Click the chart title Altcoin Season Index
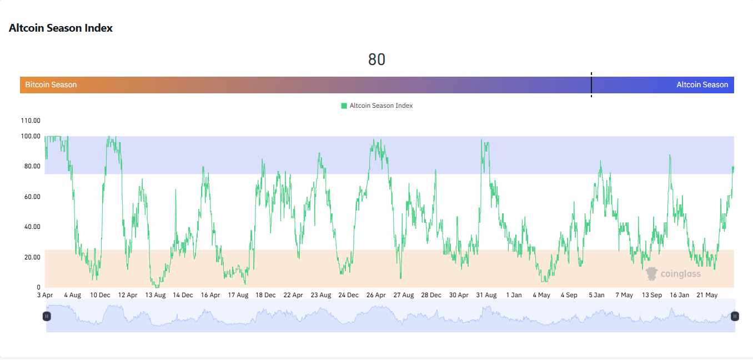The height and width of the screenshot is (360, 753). [x=61, y=28]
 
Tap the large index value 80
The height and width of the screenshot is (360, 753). [x=376, y=59]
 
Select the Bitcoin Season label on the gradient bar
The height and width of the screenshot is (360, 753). [x=51, y=85]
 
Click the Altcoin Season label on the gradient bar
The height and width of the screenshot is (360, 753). [x=702, y=85]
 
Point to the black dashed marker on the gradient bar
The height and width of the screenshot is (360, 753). [x=591, y=85]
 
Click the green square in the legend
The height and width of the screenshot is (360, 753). [x=344, y=106]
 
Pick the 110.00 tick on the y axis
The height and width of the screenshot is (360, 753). [x=30, y=121]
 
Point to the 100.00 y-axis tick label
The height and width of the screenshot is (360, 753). [x=30, y=136]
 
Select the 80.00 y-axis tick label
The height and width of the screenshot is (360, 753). [x=31, y=166]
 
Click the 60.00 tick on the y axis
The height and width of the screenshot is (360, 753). [x=31, y=197]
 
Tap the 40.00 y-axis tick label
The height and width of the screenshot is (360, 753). [x=31, y=227]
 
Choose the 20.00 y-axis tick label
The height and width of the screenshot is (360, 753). [x=31, y=257]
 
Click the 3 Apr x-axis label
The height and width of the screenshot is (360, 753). [x=45, y=295]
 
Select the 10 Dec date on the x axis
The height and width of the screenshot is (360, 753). [x=100, y=295]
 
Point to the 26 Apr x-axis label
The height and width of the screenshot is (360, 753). [x=376, y=295]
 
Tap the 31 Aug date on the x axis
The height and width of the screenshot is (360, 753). [x=486, y=295]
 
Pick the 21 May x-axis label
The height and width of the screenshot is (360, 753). [x=707, y=295]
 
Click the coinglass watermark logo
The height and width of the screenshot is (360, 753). [x=673, y=273]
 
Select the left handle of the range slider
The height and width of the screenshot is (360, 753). [x=47, y=316]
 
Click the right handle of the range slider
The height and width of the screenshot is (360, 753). [x=735, y=316]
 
